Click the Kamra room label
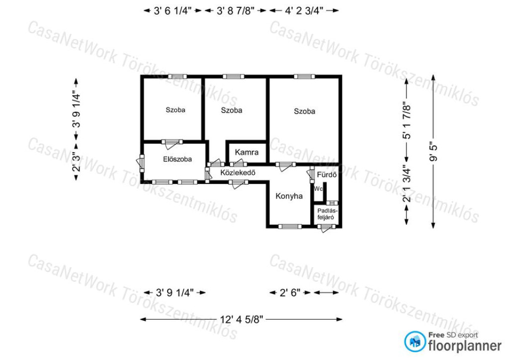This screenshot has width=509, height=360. point(247,152)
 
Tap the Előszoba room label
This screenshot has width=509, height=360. point(177,159)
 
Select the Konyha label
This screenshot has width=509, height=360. point(289,196)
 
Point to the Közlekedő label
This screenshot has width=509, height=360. point(238,173)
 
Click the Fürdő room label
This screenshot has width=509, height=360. point(327,175)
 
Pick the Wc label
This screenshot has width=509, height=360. point(318,188)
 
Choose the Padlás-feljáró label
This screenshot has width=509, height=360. point(326,214)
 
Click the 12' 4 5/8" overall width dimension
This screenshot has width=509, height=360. point(241,319)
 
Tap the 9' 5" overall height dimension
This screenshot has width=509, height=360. point(433,151)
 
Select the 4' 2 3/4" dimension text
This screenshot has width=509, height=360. point(304,11)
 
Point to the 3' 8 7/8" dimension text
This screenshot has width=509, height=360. point(235,11)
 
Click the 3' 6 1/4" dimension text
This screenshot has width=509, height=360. point(173,11)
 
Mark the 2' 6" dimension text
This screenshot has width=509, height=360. point(290,293)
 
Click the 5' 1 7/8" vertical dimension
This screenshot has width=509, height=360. point(407,122)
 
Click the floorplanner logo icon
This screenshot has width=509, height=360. point(415,342)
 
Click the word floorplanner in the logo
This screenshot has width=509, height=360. point(465,346)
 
